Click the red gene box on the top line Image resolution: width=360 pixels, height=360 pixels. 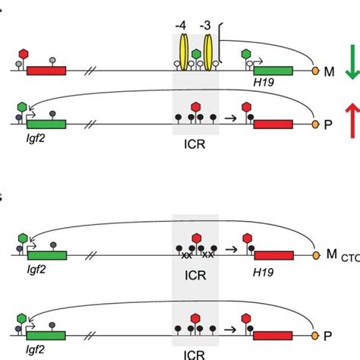pos(46,71)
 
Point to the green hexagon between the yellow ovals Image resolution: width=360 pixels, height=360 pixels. pos(196,55)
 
